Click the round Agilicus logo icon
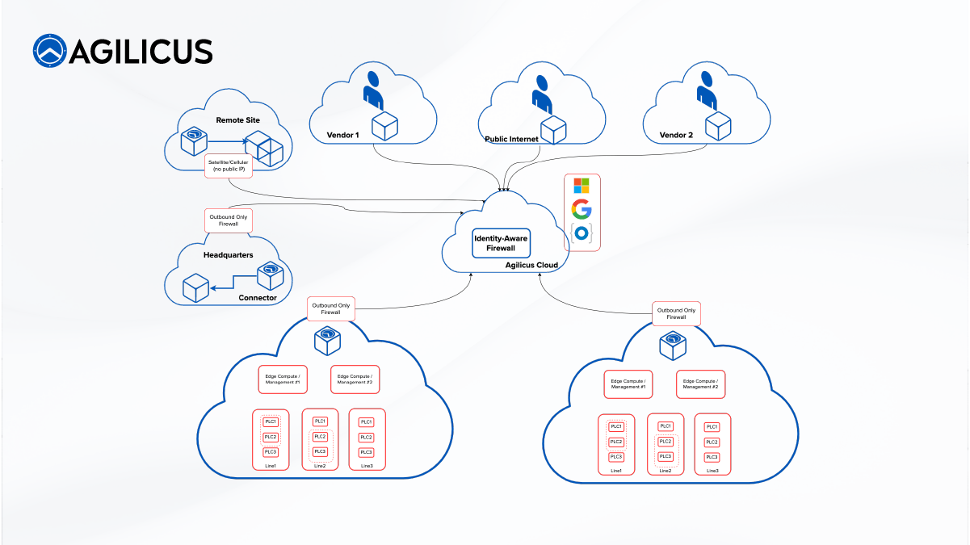click(49, 50)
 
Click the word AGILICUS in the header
click(142, 51)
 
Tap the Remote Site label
click(237, 120)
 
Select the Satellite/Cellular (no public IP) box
click(229, 165)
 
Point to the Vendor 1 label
click(342, 135)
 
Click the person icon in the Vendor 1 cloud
click(372, 89)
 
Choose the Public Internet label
click(511, 139)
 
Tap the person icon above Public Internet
click(541, 92)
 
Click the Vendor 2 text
click(676, 135)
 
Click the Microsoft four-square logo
click(582, 186)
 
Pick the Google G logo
click(582, 209)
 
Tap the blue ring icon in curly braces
click(582, 233)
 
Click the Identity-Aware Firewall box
click(500, 243)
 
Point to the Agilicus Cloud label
click(531, 265)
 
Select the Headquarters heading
click(228, 255)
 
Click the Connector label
click(258, 298)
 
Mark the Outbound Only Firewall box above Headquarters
click(228, 220)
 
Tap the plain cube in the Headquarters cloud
click(195, 287)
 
